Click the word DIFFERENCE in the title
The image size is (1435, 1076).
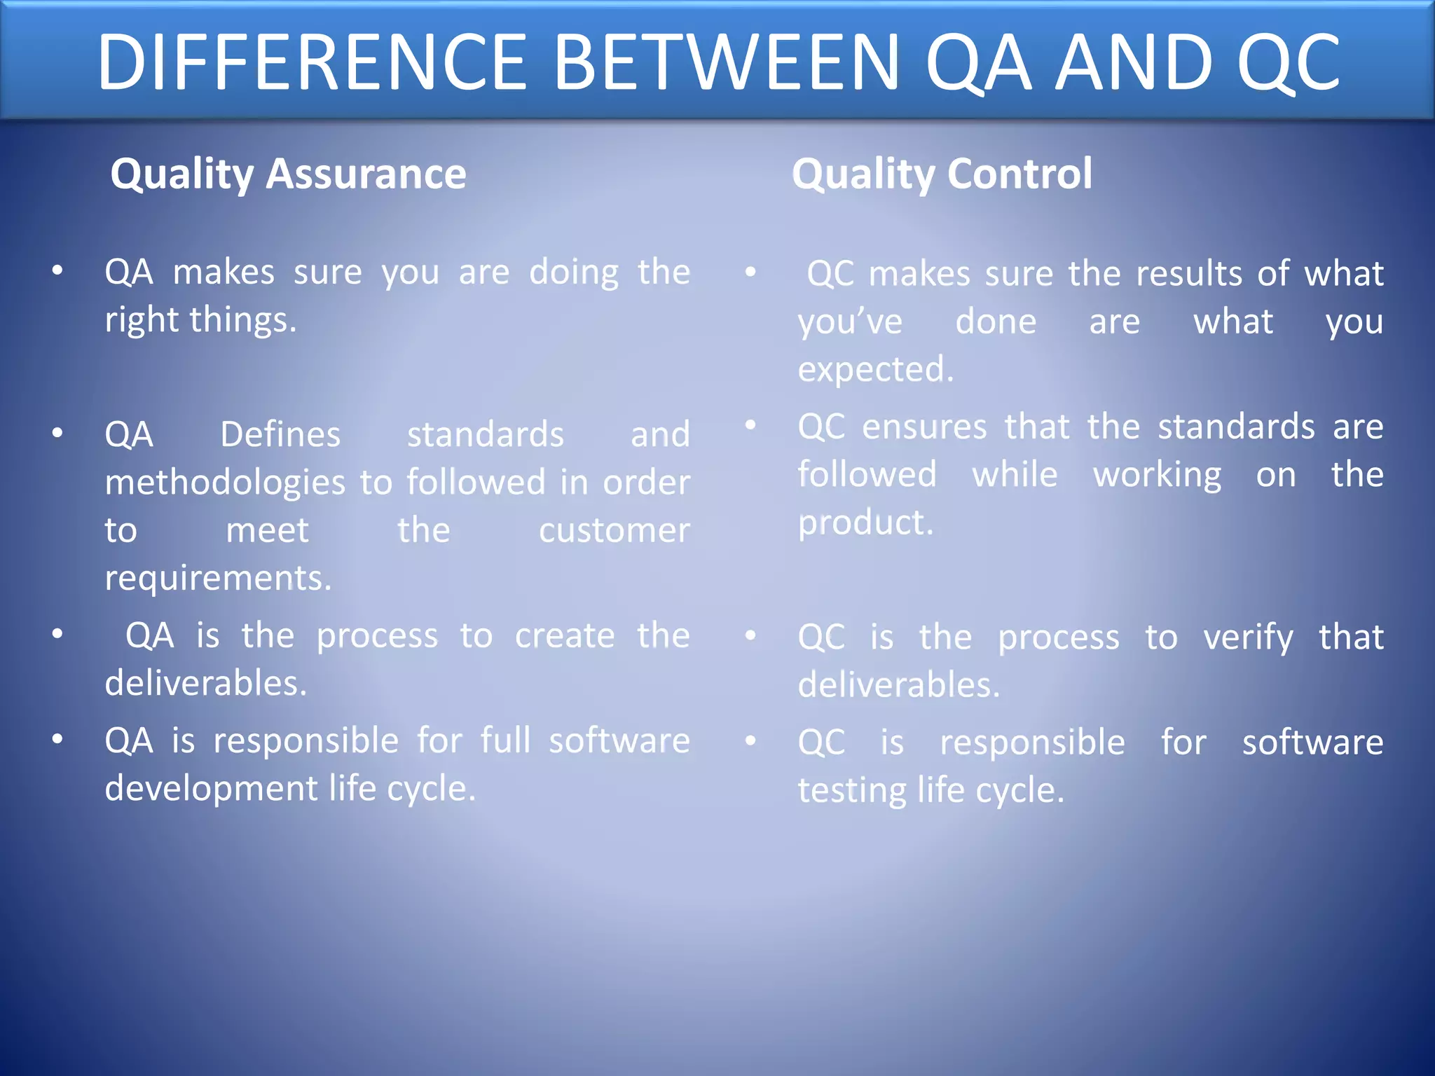(x=312, y=63)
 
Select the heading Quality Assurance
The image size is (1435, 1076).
(x=288, y=174)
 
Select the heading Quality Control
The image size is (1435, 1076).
(x=942, y=174)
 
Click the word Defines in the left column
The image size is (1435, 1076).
(x=280, y=434)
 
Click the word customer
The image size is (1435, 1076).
(x=614, y=530)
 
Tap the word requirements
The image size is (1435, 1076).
(x=218, y=579)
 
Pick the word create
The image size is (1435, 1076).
(x=565, y=636)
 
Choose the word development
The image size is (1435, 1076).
(x=211, y=789)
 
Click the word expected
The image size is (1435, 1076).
(x=875, y=370)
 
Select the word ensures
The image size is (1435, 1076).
(x=924, y=427)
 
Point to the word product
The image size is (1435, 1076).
(x=865, y=523)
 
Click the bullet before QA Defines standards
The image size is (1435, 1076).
(x=57, y=433)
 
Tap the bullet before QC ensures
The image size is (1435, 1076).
(x=750, y=425)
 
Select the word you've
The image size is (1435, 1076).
(x=850, y=322)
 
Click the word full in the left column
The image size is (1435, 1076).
(x=505, y=741)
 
